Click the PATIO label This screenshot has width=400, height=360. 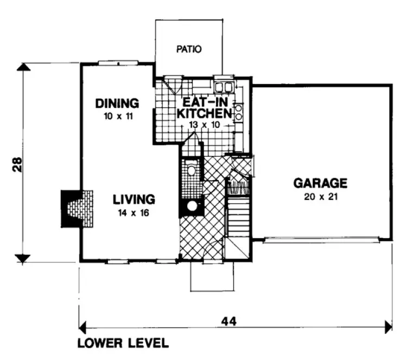[189, 49]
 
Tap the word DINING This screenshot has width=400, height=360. [117, 102]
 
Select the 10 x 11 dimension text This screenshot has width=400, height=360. [117, 115]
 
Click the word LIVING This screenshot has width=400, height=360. [134, 199]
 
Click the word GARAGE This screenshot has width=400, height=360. [320, 183]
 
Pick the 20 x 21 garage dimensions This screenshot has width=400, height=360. [320, 196]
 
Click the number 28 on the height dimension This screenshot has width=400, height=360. [18, 164]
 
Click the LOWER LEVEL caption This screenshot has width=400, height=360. [123, 343]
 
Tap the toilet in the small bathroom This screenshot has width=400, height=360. [191, 170]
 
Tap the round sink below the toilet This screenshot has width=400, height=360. [191, 206]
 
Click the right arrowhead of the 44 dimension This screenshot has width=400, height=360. [388, 327]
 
